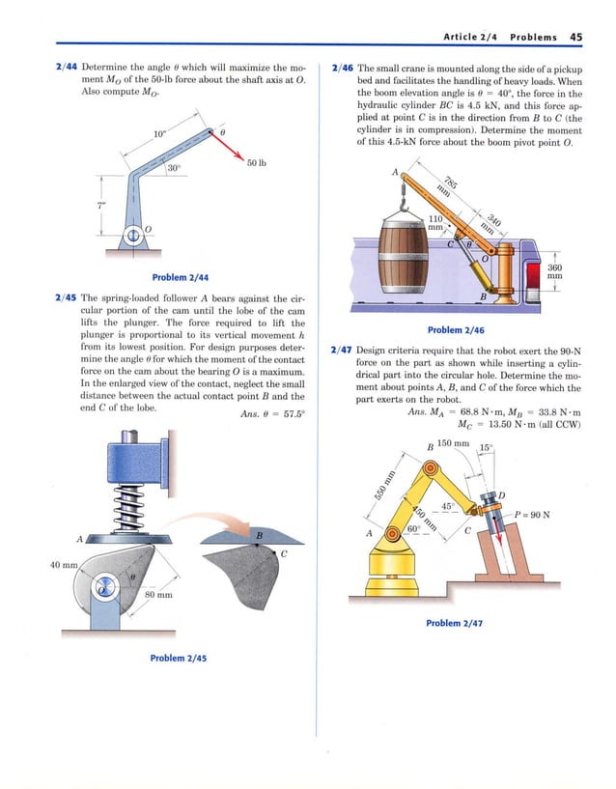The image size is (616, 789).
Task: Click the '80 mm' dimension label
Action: tap(157, 595)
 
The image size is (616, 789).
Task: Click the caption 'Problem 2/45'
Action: tap(179, 658)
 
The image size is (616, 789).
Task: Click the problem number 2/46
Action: tap(342, 69)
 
